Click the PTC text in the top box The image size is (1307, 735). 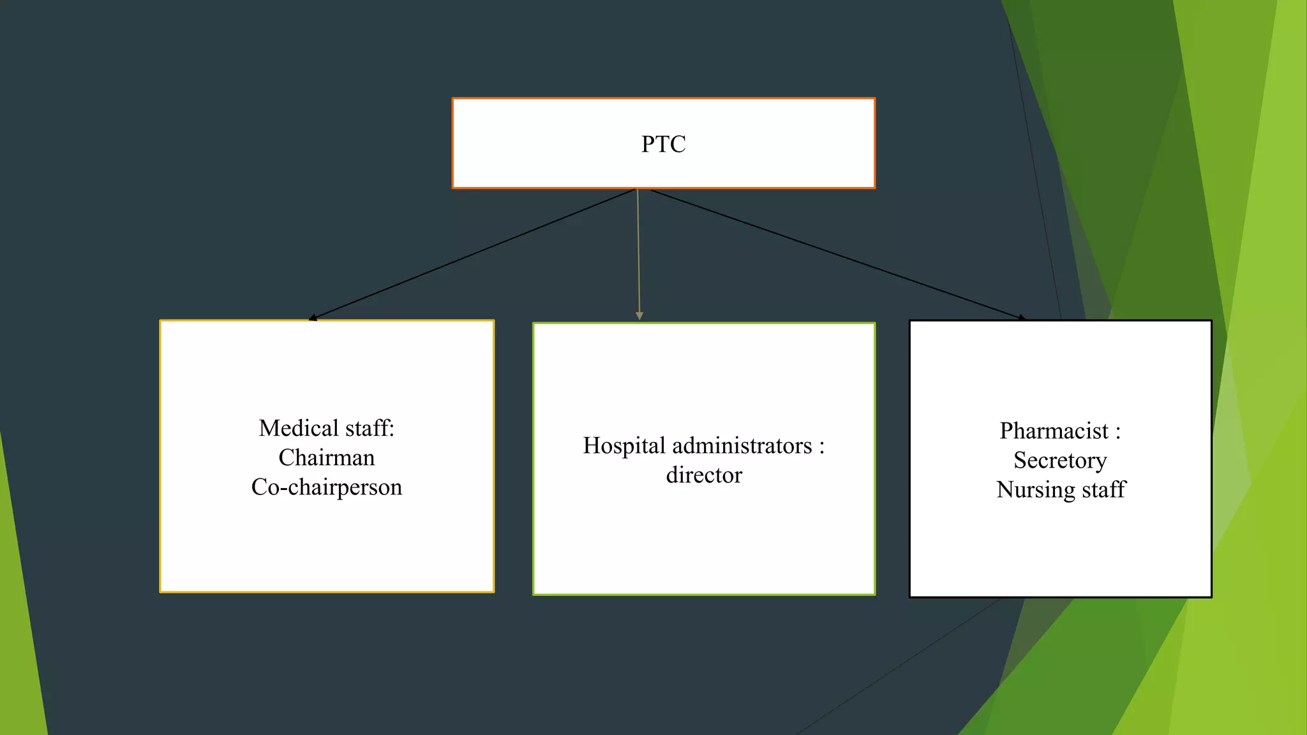tap(663, 144)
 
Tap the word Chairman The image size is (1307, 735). tap(326, 457)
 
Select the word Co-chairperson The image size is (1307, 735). tap(326, 487)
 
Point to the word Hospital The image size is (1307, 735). tap(624, 445)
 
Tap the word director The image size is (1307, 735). tap(704, 475)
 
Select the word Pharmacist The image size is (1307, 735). tap(1054, 431)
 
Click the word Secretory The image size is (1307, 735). tap(1060, 461)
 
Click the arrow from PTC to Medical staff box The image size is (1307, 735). tap(472, 254)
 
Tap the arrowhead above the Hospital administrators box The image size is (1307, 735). tap(639, 316)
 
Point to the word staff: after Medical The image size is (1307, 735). tap(370, 428)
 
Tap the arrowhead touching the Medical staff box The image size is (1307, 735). tap(313, 317)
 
